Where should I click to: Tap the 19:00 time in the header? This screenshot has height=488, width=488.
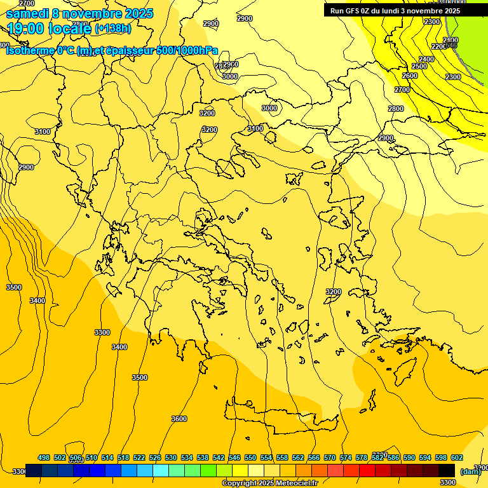(25, 28)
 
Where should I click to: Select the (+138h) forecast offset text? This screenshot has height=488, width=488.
(113, 29)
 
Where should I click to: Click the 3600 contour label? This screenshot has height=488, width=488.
(179, 419)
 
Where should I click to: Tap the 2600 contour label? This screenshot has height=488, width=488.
(410, 76)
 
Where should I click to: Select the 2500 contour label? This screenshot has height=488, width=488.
(419, 67)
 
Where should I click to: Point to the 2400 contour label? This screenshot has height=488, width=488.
(426, 59)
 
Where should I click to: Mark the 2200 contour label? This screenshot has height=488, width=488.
(439, 47)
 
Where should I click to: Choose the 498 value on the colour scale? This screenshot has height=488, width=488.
(44, 457)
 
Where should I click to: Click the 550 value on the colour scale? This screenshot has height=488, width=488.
(250, 457)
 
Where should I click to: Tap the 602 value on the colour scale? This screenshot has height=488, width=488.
(457, 457)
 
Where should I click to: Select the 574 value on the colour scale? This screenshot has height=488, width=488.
(346, 457)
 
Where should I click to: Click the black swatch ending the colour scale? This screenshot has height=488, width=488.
(447, 470)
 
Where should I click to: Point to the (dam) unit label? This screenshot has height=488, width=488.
(471, 471)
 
